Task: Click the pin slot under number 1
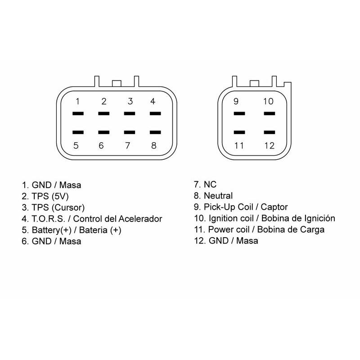(78, 113)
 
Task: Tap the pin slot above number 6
(104, 132)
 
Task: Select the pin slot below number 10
(269, 113)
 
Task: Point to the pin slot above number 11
(239, 132)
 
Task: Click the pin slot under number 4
(155, 113)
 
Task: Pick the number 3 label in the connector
(130, 101)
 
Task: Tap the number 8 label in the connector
(154, 145)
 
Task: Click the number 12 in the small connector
(269, 145)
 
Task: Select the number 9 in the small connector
(236, 101)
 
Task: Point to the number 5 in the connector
(76, 145)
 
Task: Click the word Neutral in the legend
(218, 196)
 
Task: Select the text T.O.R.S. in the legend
(49, 219)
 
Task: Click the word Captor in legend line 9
(274, 207)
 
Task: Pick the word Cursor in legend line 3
(68, 207)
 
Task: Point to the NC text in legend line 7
(210, 184)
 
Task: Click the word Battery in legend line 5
(46, 230)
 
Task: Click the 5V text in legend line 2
(60, 196)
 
